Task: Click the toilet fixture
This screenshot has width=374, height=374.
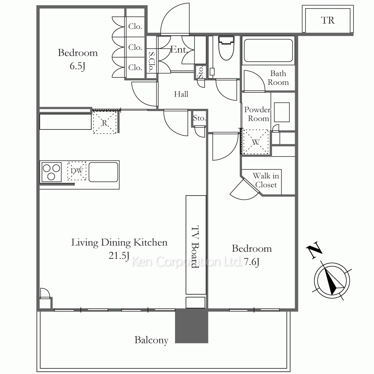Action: tap(226, 48)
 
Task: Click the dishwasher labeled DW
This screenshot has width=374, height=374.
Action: tap(77, 171)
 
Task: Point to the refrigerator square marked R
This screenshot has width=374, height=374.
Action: tap(104, 123)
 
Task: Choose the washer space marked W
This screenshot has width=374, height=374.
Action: tap(255, 142)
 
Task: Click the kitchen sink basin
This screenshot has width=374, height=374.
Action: tap(103, 172)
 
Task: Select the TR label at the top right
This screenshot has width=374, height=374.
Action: tap(328, 21)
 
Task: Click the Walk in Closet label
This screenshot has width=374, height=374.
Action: tap(266, 180)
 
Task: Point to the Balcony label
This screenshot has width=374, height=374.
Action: tap(151, 340)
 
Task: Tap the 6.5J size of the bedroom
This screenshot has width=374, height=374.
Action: tap(77, 66)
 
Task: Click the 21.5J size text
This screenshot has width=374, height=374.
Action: tap(119, 255)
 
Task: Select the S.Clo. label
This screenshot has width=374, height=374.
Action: tap(151, 62)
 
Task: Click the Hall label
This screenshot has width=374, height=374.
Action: tap(181, 94)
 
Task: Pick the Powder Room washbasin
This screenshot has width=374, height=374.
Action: tap(282, 112)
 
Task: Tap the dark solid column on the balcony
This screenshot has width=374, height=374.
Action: tap(191, 326)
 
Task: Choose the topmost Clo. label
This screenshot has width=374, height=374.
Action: tap(135, 26)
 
